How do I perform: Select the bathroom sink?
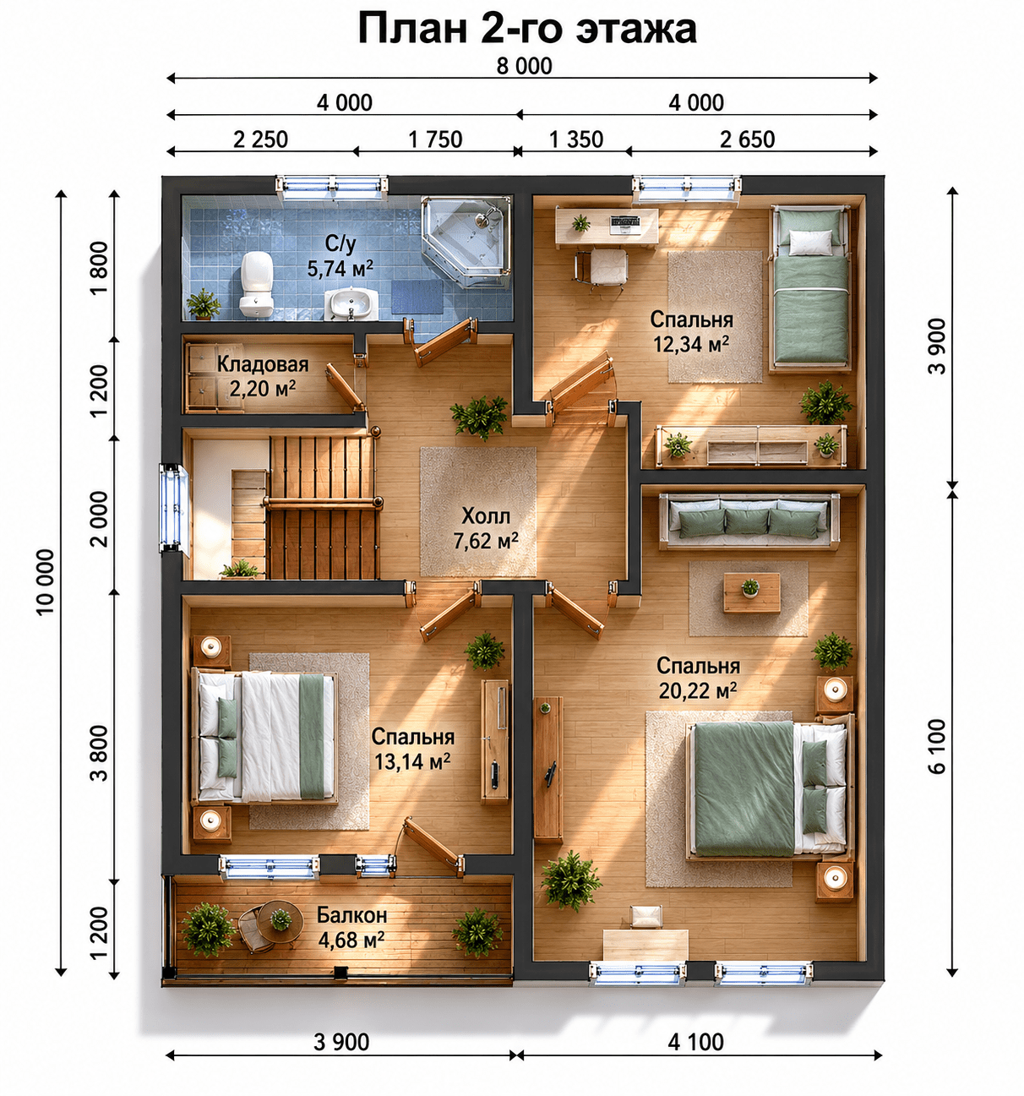(351, 304)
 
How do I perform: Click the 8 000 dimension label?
(524, 66)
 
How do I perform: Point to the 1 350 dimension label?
(575, 139)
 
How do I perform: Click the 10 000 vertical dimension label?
(46, 582)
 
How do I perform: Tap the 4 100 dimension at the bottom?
(695, 1043)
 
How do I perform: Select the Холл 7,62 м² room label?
(485, 529)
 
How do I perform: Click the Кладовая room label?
(262, 364)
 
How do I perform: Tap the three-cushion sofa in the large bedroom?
(749, 521)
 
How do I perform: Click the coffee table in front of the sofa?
(751, 592)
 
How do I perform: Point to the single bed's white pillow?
(809, 243)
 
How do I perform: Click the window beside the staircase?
(172, 508)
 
